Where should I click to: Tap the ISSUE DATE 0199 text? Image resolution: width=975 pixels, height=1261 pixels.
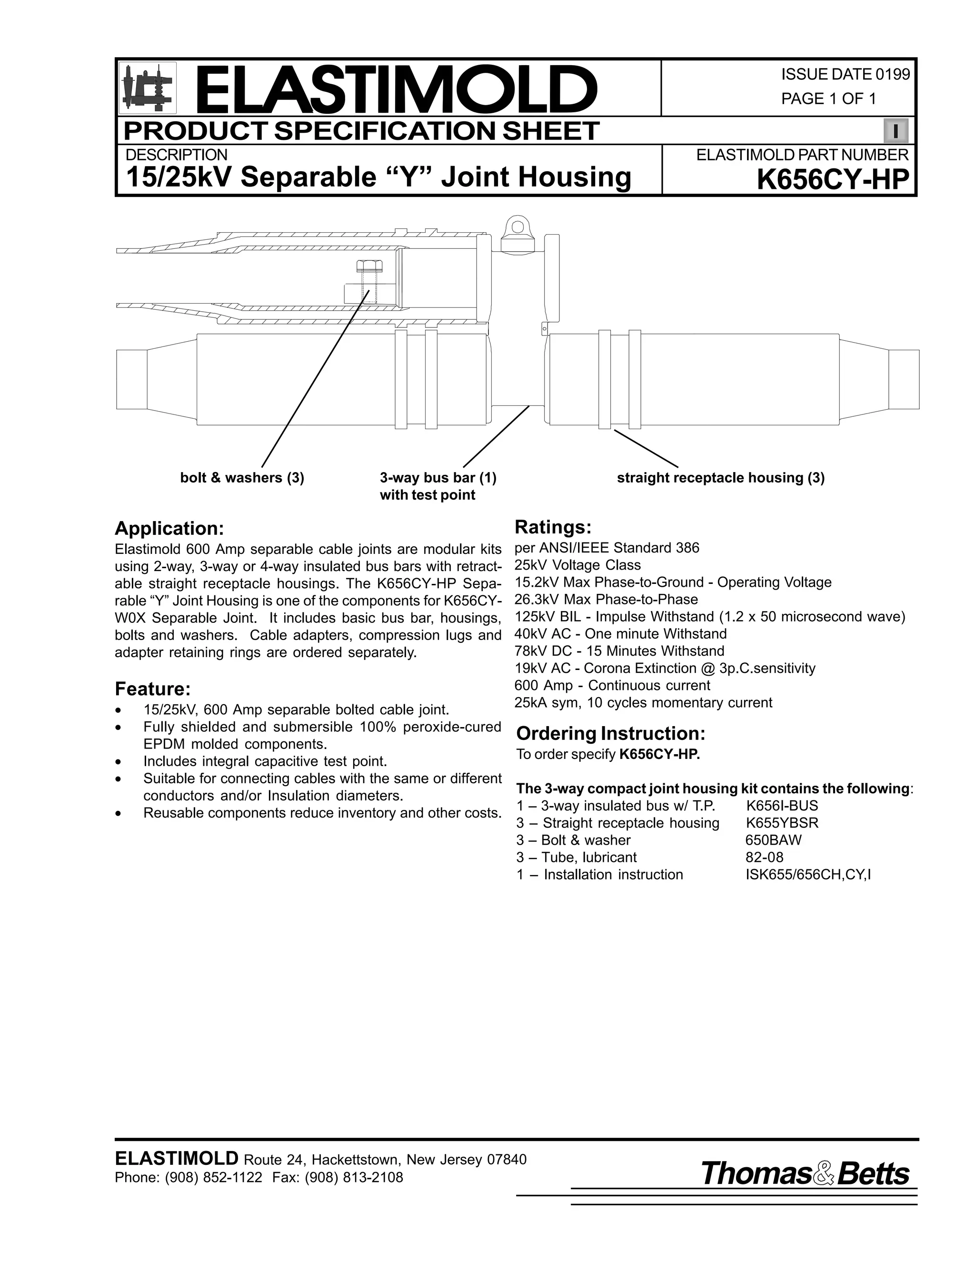coord(845,75)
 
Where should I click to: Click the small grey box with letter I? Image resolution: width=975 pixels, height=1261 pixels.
coord(895,131)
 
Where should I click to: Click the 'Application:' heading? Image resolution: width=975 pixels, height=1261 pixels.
coord(169,528)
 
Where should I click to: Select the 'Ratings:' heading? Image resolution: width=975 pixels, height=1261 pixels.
coord(553,527)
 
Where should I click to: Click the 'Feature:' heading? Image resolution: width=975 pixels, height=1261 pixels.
coord(152,689)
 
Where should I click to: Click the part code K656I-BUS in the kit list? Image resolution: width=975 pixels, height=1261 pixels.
coord(782,806)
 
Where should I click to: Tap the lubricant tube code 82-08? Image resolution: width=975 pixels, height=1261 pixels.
coord(764,857)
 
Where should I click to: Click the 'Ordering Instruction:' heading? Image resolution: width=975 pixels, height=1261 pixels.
coord(610,734)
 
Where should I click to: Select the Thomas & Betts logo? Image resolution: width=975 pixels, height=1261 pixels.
coord(805,1174)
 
